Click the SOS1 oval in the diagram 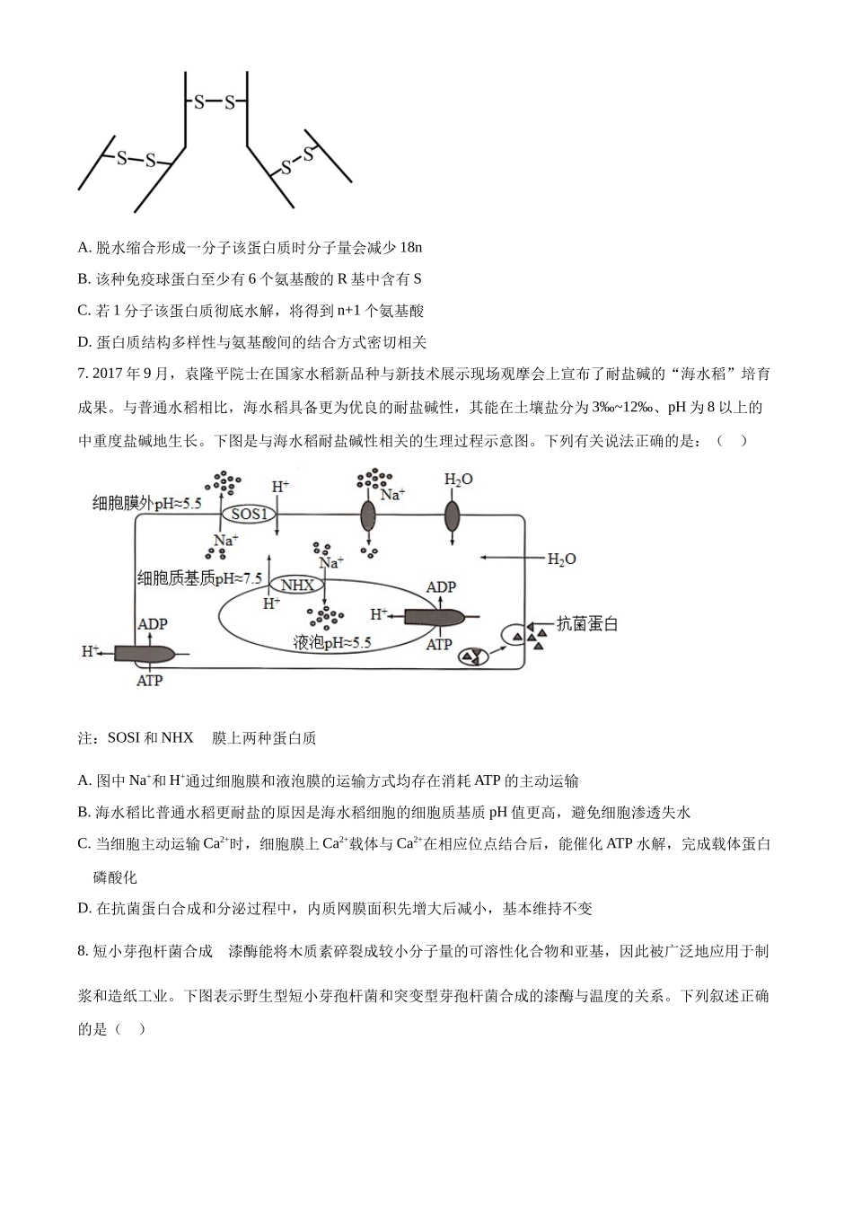click(x=249, y=514)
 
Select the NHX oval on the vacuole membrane click(x=297, y=585)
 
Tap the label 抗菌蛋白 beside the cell click(x=587, y=624)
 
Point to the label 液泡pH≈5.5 click(x=331, y=643)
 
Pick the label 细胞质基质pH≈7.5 click(x=198, y=578)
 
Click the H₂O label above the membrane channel click(x=458, y=480)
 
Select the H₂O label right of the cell click(x=562, y=559)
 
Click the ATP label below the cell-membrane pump click(x=149, y=681)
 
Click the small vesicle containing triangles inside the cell click(x=474, y=657)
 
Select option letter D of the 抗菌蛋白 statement click(x=84, y=908)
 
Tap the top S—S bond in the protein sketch click(x=215, y=102)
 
